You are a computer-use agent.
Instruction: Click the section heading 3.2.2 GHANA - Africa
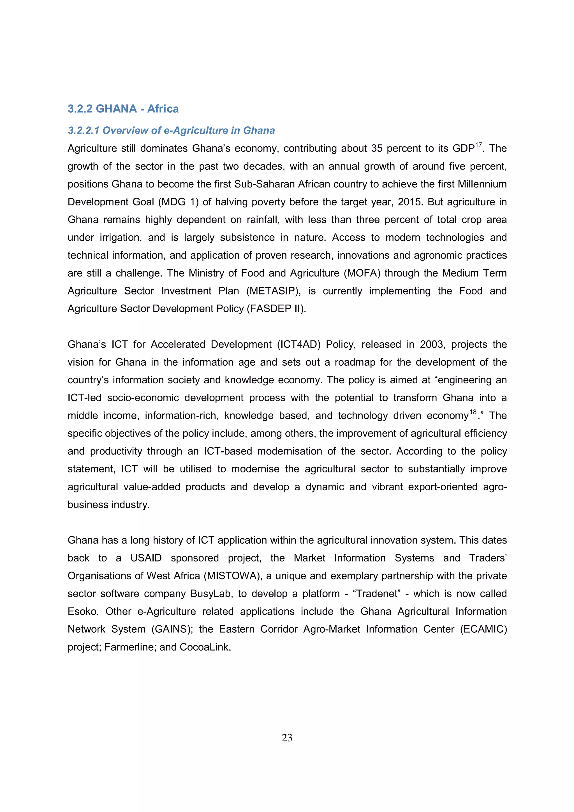point(123,108)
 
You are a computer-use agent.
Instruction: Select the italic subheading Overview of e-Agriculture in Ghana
point(171,131)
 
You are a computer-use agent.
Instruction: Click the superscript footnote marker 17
point(478,145)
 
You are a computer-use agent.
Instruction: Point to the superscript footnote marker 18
point(473,412)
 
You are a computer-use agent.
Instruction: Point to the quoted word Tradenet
point(377,593)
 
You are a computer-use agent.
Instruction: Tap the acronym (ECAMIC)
point(483,629)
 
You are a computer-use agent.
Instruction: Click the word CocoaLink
point(205,647)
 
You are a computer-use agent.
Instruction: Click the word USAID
point(146,558)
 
